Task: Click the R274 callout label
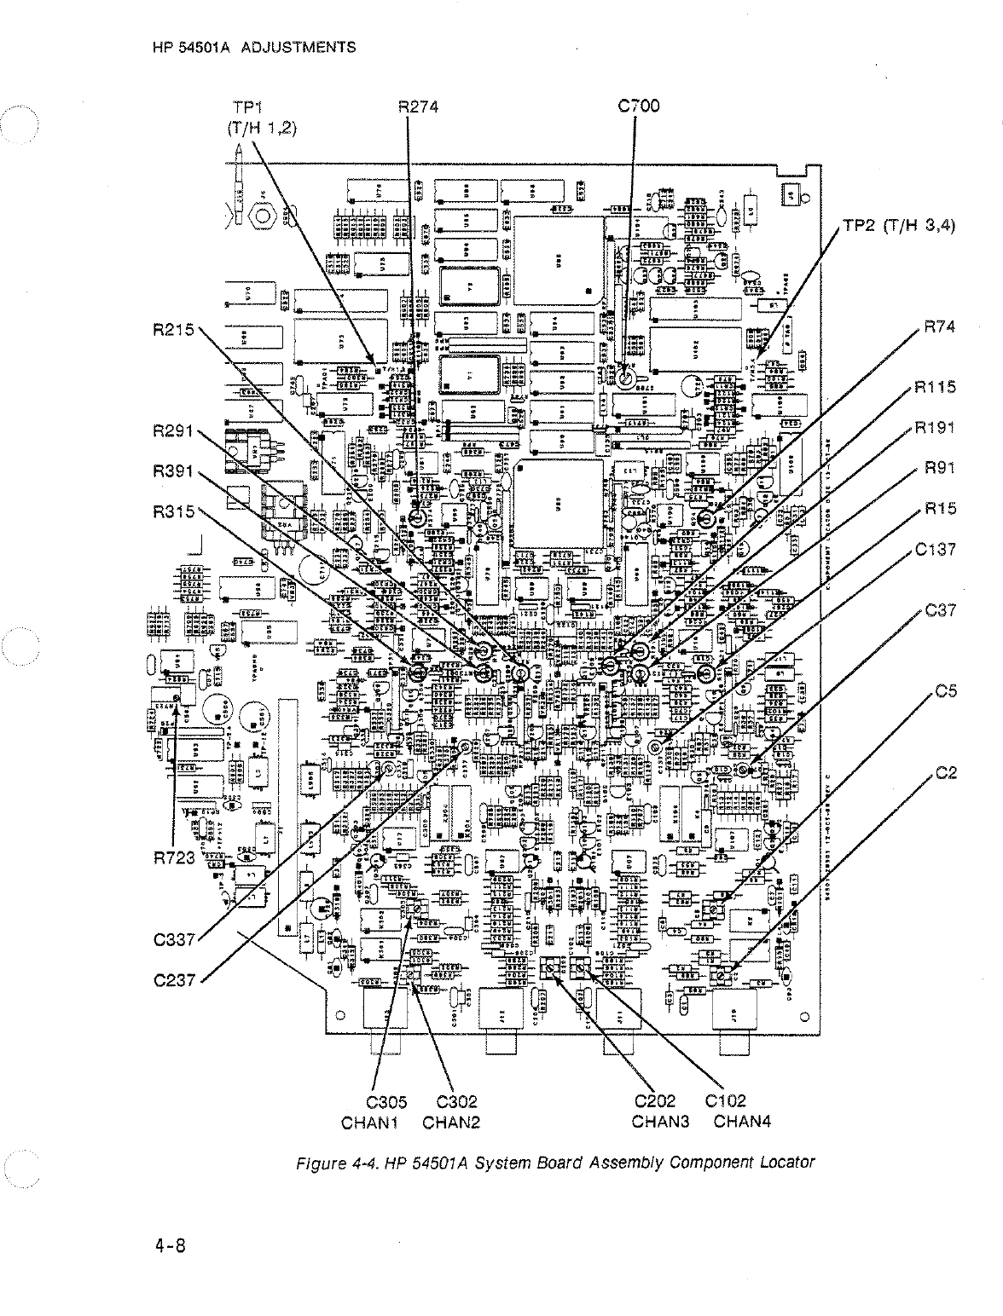[418, 107]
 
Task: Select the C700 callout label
[638, 107]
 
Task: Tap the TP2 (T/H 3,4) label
[898, 226]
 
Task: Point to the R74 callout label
[939, 327]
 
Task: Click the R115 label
[935, 387]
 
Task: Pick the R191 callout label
[935, 428]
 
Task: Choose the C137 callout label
[935, 550]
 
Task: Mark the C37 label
[940, 610]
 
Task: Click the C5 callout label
[946, 692]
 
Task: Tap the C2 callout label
[946, 773]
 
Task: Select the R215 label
[174, 330]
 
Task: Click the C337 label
[175, 940]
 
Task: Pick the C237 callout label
[175, 980]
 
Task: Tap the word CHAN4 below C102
[742, 1122]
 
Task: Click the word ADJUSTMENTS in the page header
[298, 47]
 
